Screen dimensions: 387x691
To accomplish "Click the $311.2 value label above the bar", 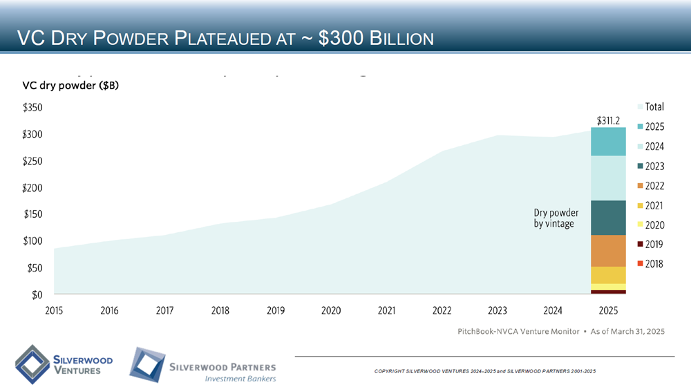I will pos(608,120).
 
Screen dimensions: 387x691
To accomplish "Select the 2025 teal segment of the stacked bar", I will pos(608,142).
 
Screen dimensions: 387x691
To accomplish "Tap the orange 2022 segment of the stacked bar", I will pos(608,251).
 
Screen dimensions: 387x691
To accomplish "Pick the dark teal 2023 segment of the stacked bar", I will pos(608,218).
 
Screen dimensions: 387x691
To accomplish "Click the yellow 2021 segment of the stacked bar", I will pos(608,275).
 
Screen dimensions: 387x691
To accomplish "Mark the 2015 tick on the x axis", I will pos(54,311).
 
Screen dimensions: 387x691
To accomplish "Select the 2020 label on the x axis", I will pos(331,311).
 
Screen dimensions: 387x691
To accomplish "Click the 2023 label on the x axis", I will pos(498,311).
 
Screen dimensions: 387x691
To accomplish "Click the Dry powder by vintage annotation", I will pos(556,218).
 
